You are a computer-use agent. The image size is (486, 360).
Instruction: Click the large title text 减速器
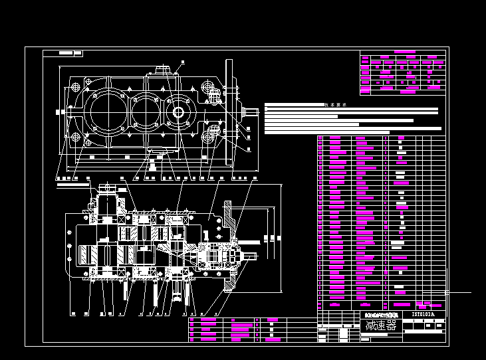click(381, 325)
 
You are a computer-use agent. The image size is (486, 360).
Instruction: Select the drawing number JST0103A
click(423, 314)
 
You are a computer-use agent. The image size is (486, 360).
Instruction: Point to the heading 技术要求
click(336, 104)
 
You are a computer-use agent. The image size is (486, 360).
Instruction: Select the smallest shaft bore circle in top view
click(178, 112)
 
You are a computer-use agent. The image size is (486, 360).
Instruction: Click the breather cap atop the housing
click(163, 70)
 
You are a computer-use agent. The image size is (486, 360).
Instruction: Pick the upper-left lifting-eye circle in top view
click(75, 87)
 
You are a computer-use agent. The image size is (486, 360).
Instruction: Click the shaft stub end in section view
click(251, 256)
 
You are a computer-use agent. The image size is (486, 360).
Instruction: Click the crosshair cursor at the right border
click(446, 292)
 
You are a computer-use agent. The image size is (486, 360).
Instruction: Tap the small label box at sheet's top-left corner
click(70, 52)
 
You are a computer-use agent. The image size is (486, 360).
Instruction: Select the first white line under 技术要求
click(351, 109)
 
